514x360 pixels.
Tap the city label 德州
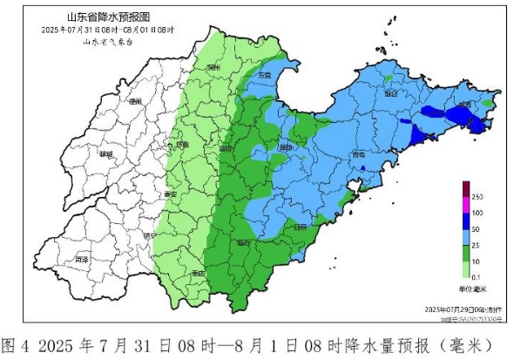(135, 101)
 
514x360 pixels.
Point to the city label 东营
(264, 76)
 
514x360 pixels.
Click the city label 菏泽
(82, 260)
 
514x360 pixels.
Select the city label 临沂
(244, 241)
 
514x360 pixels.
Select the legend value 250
(479, 199)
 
